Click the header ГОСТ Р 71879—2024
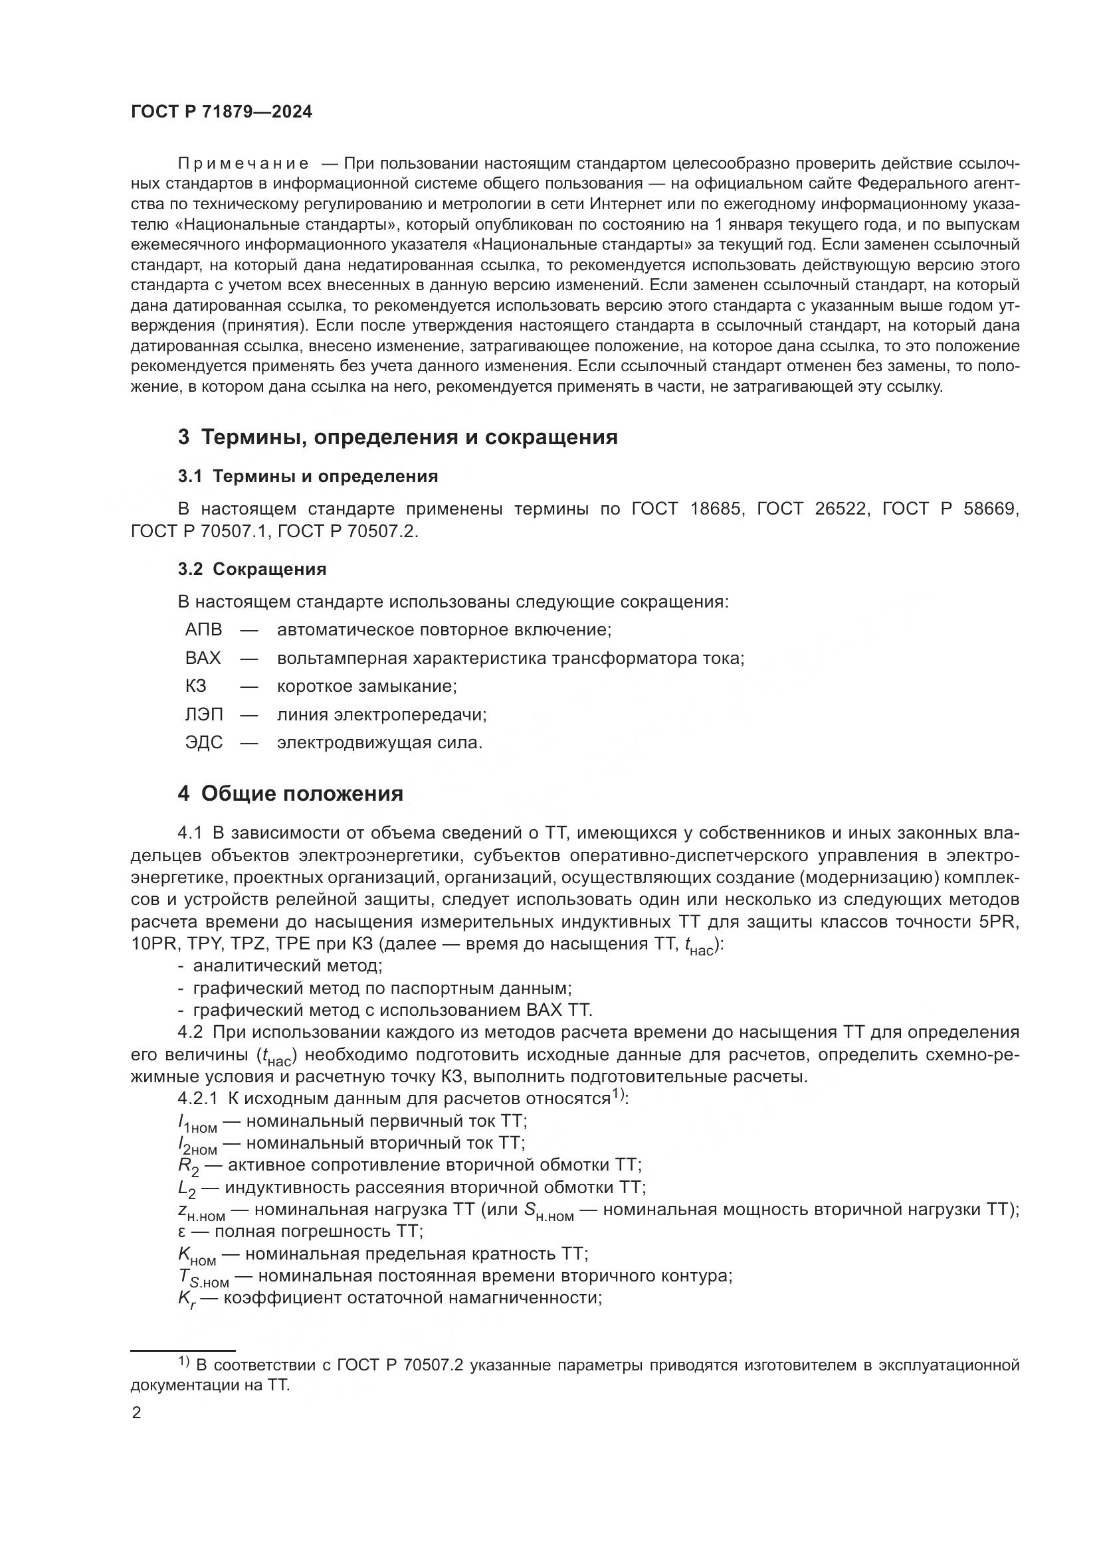[x=221, y=112]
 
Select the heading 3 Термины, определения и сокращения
[x=397, y=438]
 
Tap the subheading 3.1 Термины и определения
[x=308, y=476]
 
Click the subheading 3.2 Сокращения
[x=252, y=569]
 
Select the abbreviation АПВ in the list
[x=203, y=629]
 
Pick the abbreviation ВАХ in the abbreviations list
[x=203, y=658]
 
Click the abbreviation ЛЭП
[x=204, y=714]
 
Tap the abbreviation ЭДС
[x=204, y=743]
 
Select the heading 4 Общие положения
[x=290, y=793]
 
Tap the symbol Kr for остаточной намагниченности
[x=187, y=1299]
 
